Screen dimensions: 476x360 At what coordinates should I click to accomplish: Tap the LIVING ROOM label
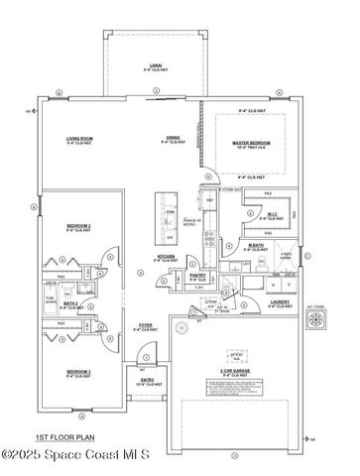[x=80, y=139]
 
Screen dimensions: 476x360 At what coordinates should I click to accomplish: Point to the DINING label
[x=173, y=139]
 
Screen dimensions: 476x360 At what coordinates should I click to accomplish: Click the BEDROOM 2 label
[x=78, y=227]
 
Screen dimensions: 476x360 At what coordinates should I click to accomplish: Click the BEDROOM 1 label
[x=78, y=373]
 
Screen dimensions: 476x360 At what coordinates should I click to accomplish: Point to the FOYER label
[x=145, y=324]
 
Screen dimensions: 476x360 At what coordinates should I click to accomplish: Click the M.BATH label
[x=256, y=246]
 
